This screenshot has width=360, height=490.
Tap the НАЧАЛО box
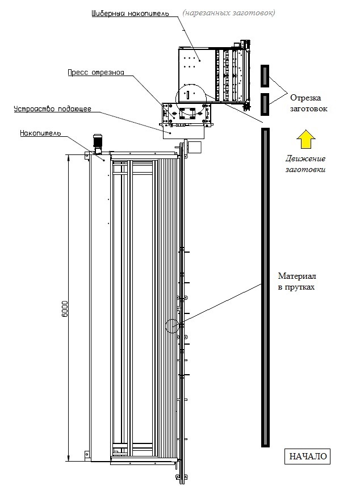point(308,456)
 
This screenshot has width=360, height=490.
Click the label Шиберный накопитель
point(130,12)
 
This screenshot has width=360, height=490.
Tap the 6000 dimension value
point(65,309)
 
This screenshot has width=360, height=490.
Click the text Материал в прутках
point(296,281)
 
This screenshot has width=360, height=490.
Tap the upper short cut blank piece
point(264,74)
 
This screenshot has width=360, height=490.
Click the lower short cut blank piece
point(264,103)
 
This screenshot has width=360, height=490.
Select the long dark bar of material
point(265,287)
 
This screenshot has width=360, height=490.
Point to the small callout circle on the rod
point(172,326)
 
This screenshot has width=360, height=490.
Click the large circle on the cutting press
point(190,99)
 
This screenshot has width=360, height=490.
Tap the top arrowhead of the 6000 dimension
point(69,157)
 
